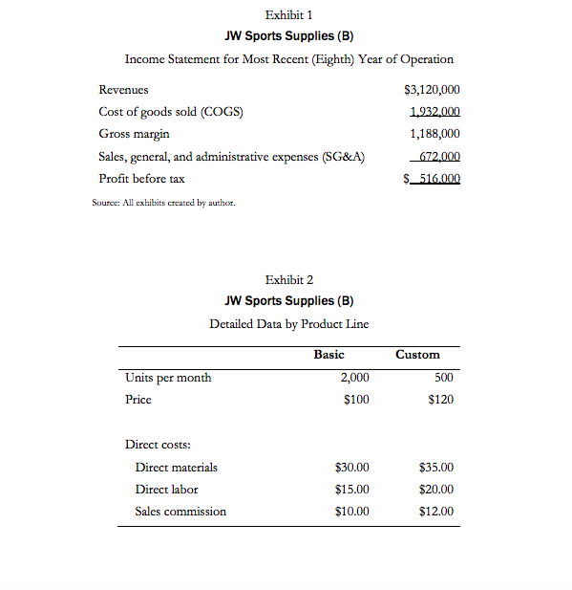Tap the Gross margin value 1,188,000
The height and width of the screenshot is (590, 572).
(x=434, y=134)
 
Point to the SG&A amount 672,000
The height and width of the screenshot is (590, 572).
(x=439, y=157)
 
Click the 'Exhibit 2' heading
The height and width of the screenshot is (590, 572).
(x=289, y=279)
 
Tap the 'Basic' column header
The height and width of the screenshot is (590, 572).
(x=328, y=355)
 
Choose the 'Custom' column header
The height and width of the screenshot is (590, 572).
(x=417, y=355)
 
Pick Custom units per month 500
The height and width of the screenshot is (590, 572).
(x=443, y=378)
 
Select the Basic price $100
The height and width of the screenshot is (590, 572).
(x=356, y=400)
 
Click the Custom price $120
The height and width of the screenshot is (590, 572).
(x=440, y=400)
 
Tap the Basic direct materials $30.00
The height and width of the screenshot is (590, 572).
(x=352, y=468)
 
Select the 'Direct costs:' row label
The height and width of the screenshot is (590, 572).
(x=158, y=445)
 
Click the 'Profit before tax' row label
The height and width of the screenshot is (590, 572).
(x=142, y=179)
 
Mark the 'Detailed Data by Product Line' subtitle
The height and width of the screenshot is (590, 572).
(x=289, y=323)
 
